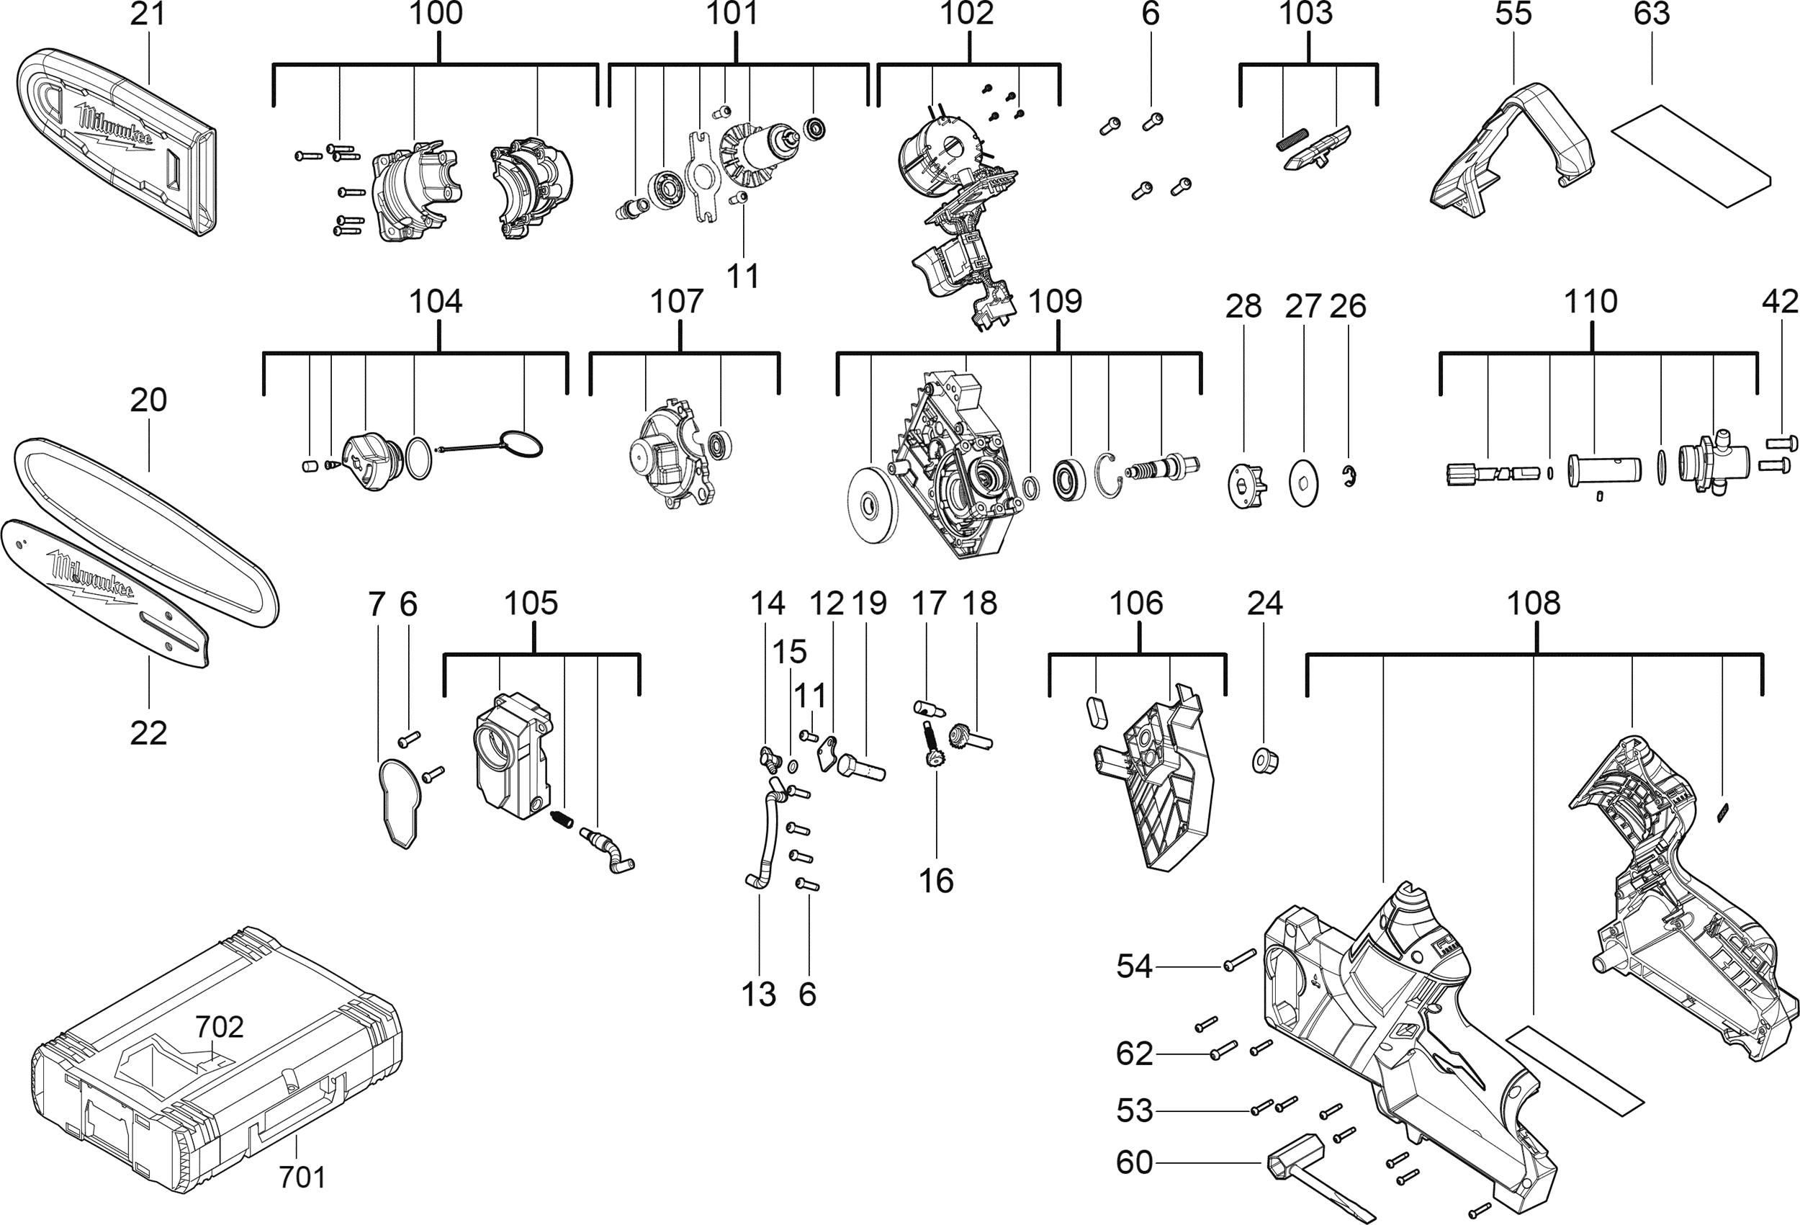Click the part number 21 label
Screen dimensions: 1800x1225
[x=147, y=13]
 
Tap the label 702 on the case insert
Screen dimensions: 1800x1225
[x=219, y=1027]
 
